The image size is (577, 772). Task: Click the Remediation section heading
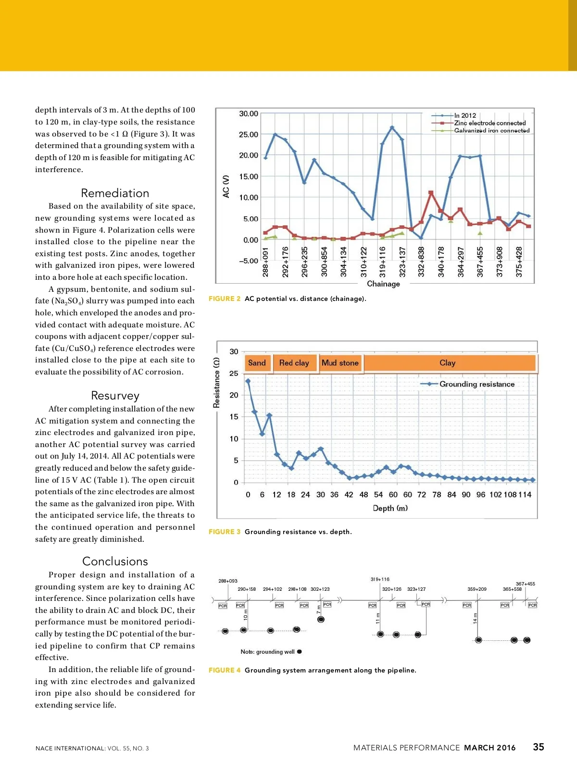[115, 193]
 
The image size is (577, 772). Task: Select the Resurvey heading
[115, 396]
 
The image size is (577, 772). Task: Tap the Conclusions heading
[115, 561]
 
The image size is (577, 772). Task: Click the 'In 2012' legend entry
[465, 115]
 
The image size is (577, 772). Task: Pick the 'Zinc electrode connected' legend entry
[489, 123]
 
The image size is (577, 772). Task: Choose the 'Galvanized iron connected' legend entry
[491, 130]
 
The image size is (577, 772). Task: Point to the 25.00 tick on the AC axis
[249, 135]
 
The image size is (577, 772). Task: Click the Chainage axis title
[383, 284]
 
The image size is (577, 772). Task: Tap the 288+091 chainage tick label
[265, 262]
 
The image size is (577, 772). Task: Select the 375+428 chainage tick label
[519, 262]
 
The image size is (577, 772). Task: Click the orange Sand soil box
[257, 363]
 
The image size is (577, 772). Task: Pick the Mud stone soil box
[340, 363]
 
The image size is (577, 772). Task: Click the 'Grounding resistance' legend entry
[477, 384]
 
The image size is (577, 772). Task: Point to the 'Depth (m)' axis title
[390, 508]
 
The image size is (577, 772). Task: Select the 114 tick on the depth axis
[525, 495]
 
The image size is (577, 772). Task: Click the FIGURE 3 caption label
[225, 532]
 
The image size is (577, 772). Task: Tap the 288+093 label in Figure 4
[228, 581]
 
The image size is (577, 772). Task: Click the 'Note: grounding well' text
[268, 652]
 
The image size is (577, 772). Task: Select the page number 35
[539, 747]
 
